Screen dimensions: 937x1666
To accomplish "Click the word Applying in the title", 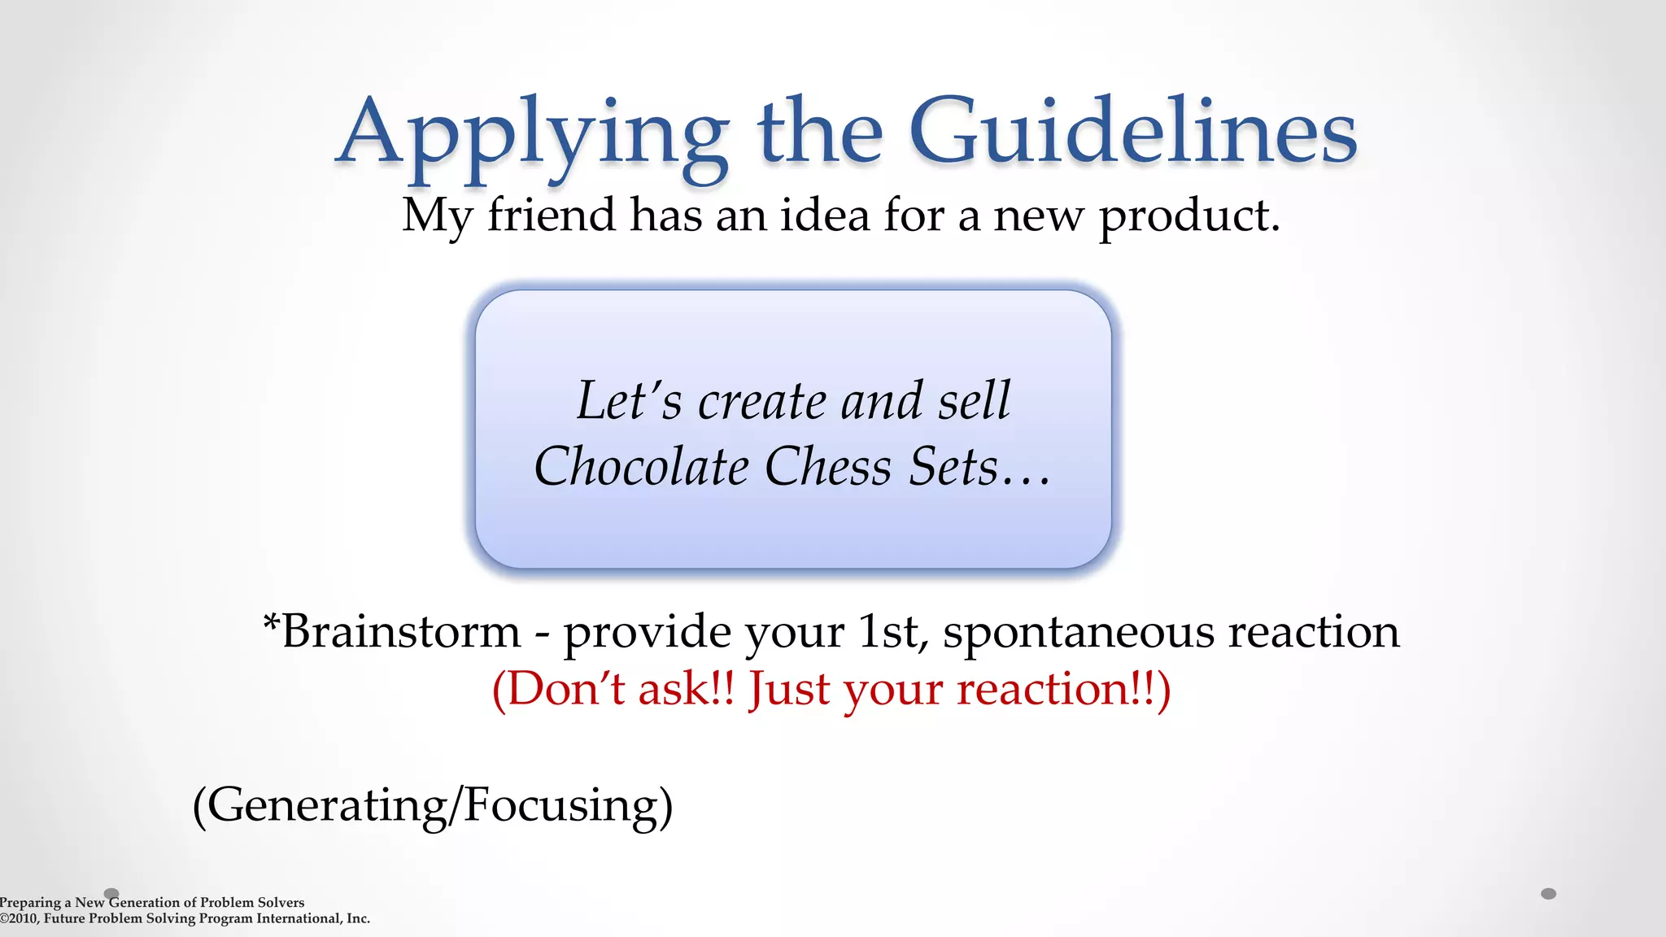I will coord(533,134).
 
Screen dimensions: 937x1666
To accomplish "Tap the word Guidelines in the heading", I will coord(1132,132).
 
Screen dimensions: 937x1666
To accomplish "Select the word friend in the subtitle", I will coord(551,216).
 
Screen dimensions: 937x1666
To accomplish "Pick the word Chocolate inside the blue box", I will coord(641,467).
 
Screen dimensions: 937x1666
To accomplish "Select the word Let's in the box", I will coord(629,401).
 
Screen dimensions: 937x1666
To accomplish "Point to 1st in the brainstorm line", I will coord(890,632).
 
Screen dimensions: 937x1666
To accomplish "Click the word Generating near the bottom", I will coord(325,805).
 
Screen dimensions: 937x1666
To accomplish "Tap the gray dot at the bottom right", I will coord(1548,894).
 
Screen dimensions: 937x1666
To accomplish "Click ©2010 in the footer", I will coord(19,918).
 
